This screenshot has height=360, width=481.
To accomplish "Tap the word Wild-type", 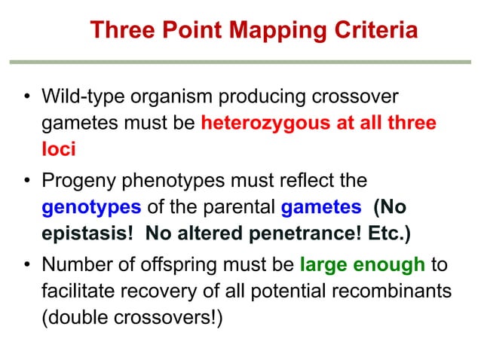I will click(x=79, y=98).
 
